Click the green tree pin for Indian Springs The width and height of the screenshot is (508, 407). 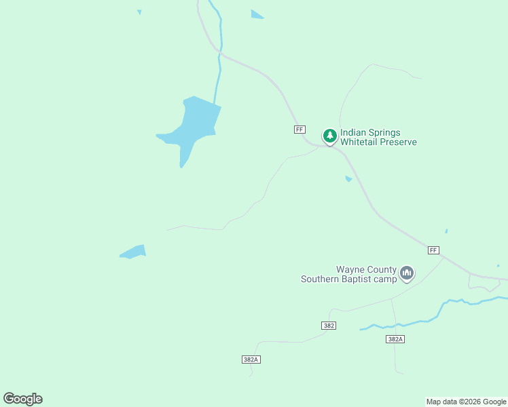click(x=330, y=136)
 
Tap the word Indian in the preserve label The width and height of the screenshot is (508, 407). click(x=353, y=133)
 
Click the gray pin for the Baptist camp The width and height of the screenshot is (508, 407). click(x=407, y=273)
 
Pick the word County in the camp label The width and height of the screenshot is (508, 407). click(x=382, y=270)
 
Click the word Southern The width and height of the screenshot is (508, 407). click(x=321, y=279)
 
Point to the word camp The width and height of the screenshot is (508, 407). click(x=385, y=279)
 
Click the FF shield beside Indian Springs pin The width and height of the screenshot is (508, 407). click(x=300, y=129)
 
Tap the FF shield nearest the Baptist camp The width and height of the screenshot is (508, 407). click(x=433, y=250)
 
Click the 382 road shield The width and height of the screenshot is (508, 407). click(x=329, y=326)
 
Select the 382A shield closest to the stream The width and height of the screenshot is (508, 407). click(x=395, y=339)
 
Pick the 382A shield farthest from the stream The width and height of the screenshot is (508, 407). click(x=251, y=359)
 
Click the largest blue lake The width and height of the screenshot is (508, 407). click(x=194, y=125)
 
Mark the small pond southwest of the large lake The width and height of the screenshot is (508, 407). click(x=134, y=252)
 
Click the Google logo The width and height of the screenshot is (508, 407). click(x=22, y=399)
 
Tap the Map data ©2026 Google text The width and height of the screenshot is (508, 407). click(x=466, y=402)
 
